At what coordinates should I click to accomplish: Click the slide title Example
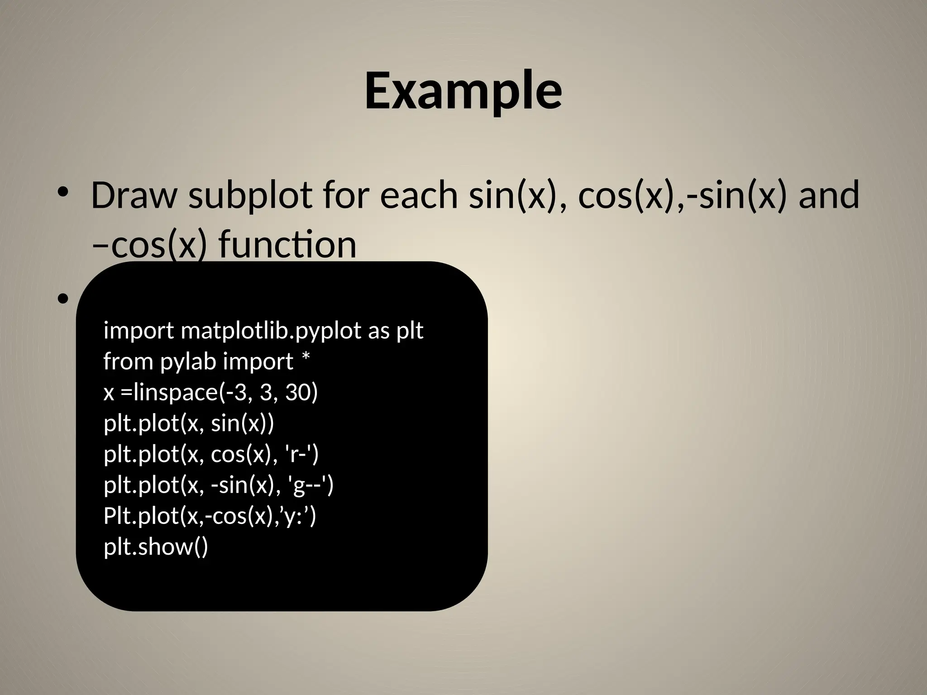463,91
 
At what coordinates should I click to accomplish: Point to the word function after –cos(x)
288,245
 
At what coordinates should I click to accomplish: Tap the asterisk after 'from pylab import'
306,360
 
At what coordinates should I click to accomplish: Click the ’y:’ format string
297,516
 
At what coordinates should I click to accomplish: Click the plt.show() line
156,547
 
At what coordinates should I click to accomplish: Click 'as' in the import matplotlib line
378,331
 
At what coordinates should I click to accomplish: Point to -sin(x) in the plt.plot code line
243,485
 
